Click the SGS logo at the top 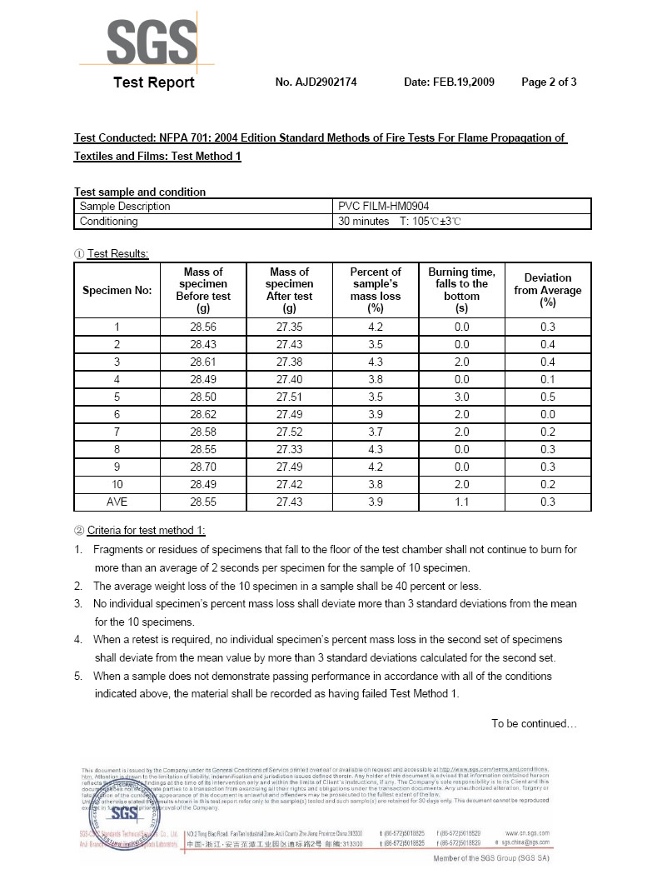pyautogui.click(x=152, y=39)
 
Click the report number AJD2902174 pyautogui.click(x=316, y=82)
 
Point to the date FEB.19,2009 pyautogui.click(x=449, y=82)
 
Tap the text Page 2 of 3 pyautogui.click(x=549, y=82)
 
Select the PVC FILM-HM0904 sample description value pyautogui.click(x=384, y=206)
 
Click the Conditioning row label pyautogui.click(x=109, y=222)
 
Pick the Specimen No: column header pyautogui.click(x=117, y=291)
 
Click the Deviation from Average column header pyautogui.click(x=548, y=290)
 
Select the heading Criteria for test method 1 pyautogui.click(x=146, y=531)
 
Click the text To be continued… pyautogui.click(x=534, y=723)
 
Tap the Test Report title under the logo pyautogui.click(x=154, y=82)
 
